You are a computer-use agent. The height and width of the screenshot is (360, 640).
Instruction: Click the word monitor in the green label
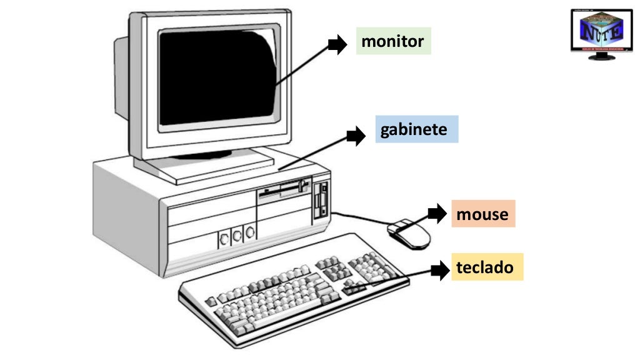pyautogui.click(x=392, y=42)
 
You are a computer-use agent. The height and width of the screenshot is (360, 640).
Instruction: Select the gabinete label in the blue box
pyautogui.click(x=414, y=129)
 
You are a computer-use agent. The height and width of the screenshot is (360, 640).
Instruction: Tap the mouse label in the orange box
pyautogui.click(x=482, y=214)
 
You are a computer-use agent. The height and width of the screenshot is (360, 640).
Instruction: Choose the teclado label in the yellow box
pyautogui.click(x=485, y=267)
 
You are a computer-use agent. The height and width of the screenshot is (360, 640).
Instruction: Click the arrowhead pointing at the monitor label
pyautogui.click(x=339, y=43)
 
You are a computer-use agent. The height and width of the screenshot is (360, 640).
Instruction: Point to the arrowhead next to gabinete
pyautogui.click(x=357, y=135)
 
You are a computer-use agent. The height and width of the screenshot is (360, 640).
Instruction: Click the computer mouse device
pyautogui.click(x=409, y=234)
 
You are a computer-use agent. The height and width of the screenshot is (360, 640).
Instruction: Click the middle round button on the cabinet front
pyautogui.click(x=237, y=236)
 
